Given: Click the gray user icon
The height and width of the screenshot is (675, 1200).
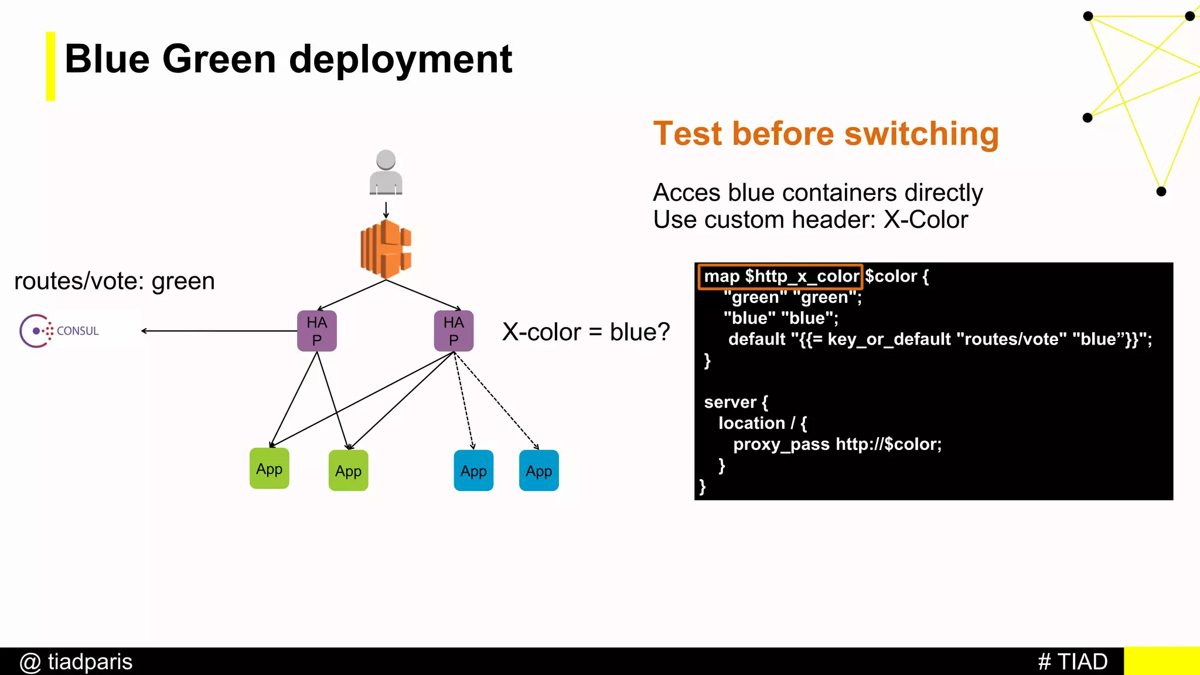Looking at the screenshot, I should click(386, 172).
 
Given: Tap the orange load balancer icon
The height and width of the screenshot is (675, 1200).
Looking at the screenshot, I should click(386, 249).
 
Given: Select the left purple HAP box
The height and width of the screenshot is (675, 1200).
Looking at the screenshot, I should click(316, 331).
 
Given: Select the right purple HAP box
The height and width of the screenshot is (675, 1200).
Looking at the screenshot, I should click(454, 331).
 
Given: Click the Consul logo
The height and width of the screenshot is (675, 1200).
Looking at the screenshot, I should click(59, 331).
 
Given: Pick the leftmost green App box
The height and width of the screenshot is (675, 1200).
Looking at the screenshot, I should click(269, 469).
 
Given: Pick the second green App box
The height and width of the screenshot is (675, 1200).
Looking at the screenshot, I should click(348, 471).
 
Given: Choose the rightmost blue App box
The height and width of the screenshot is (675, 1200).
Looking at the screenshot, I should click(538, 471).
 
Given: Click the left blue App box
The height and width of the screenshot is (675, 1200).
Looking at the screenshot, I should click(473, 471).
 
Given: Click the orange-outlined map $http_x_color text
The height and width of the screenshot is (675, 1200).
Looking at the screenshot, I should click(780, 277).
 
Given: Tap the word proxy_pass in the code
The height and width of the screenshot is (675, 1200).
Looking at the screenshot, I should click(781, 444).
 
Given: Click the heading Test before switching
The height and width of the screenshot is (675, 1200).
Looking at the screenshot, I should click(826, 134).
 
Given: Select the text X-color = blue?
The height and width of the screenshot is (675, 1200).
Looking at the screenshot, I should click(586, 332).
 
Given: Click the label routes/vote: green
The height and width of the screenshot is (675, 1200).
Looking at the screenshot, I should click(114, 281).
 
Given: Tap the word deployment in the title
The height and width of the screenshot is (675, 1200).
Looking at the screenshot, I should click(401, 59).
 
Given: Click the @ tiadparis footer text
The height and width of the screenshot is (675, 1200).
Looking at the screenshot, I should click(76, 662).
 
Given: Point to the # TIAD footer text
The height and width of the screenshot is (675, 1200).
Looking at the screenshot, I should click(1072, 662).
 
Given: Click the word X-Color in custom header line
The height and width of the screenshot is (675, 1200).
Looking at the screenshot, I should click(926, 220).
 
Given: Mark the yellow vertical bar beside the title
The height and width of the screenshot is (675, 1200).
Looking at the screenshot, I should click(50, 66).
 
